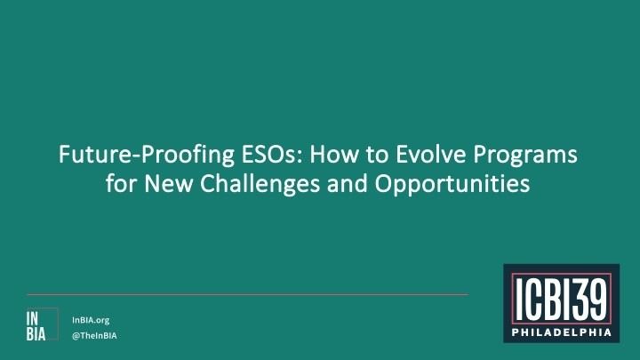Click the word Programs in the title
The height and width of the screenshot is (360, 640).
pos(521,157)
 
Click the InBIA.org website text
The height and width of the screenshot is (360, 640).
pos(91,319)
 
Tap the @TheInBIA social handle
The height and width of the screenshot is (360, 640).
pos(94,336)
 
